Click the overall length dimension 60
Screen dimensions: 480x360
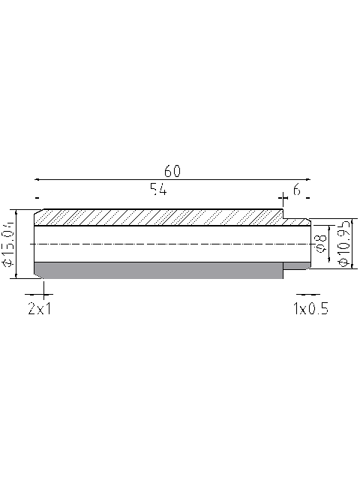click(x=172, y=171)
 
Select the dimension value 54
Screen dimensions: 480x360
click(x=157, y=190)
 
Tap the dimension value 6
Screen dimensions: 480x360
click(x=296, y=190)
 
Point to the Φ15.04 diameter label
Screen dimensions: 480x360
click(x=8, y=244)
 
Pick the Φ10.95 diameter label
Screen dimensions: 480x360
click(x=344, y=244)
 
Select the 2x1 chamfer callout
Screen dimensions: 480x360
click(x=39, y=308)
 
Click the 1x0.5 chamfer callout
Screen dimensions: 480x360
click(x=310, y=308)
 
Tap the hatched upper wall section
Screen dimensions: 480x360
click(x=157, y=217)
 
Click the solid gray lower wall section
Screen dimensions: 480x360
click(x=157, y=270)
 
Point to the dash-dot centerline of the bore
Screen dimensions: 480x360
click(x=172, y=244)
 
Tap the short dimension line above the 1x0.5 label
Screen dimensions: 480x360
click(x=306, y=294)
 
